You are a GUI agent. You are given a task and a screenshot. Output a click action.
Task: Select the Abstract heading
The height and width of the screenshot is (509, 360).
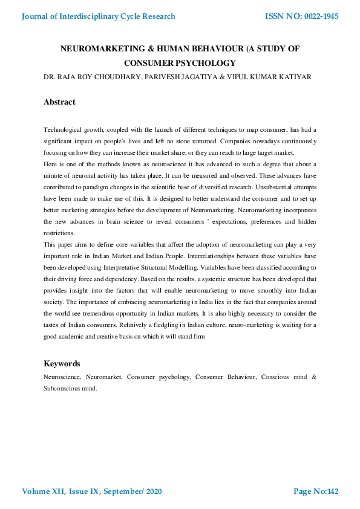tap(59, 102)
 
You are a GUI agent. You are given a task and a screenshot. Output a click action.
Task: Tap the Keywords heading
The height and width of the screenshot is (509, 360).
tap(62, 364)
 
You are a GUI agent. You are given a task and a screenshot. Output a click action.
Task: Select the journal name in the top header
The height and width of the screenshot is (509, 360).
tap(99, 16)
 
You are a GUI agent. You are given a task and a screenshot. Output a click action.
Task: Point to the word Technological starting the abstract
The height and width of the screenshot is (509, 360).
tap(62, 130)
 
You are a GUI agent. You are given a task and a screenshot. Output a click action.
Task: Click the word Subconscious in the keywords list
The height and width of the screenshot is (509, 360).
tap(62, 389)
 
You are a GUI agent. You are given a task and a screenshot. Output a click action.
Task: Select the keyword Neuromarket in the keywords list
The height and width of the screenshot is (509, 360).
tap(105, 377)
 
